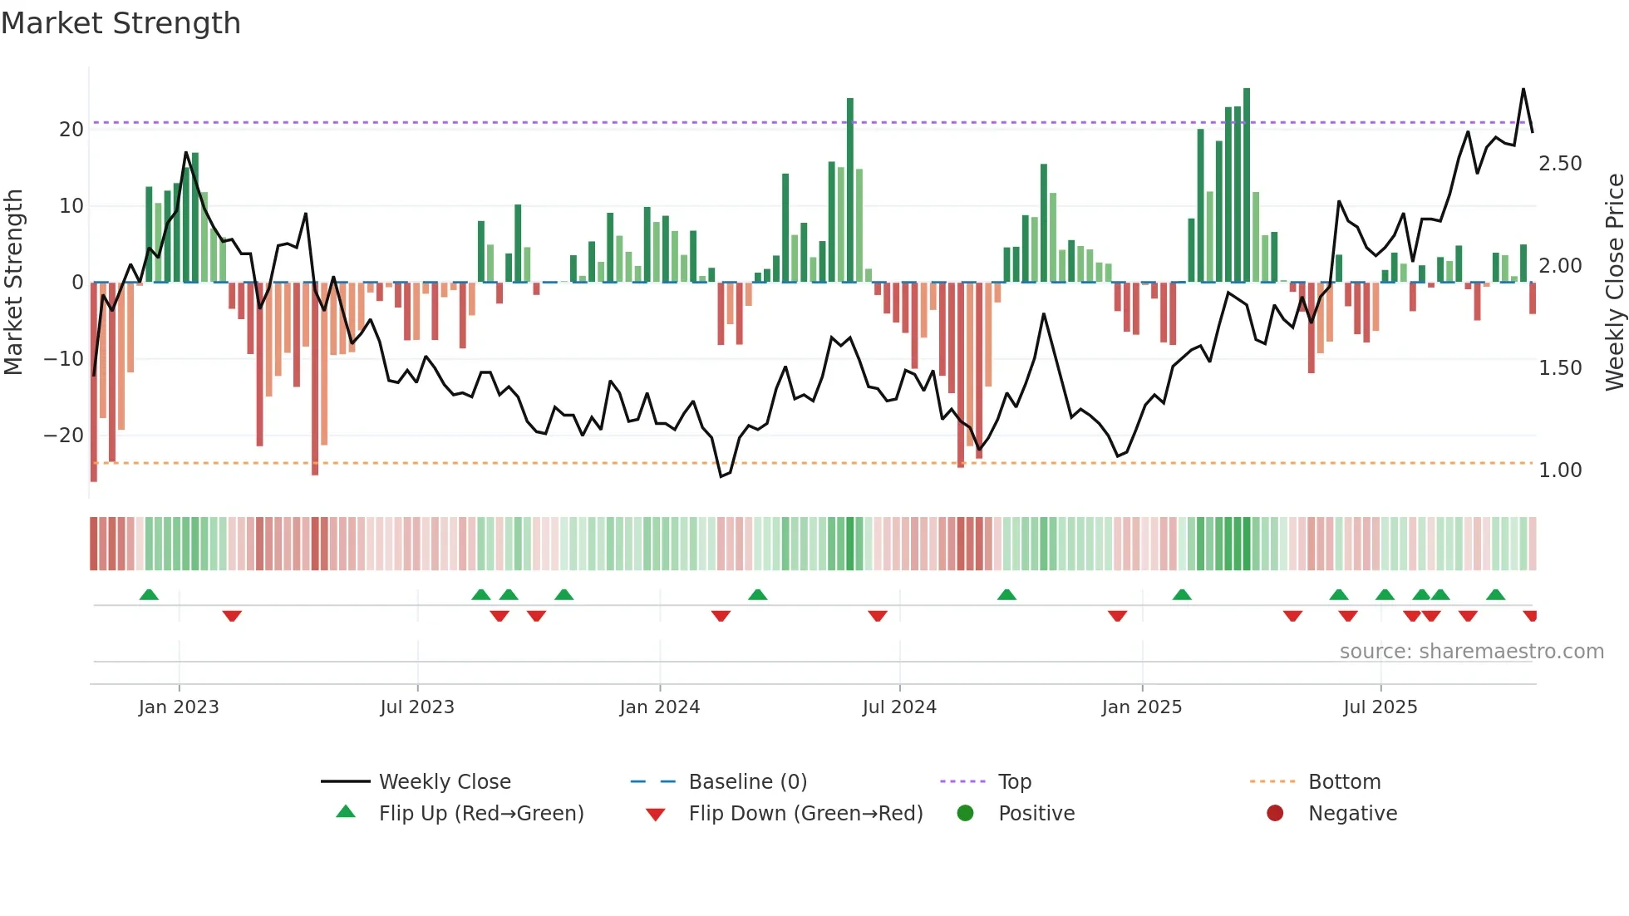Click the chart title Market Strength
(121, 23)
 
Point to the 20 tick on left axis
(71, 130)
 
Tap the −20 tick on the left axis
(64, 436)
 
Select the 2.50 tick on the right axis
(1560, 164)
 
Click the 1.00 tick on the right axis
(1560, 470)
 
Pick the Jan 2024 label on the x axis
(660, 707)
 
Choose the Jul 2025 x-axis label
(1380, 707)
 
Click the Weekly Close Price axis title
(1614, 283)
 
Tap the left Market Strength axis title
(14, 283)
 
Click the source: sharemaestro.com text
(1471, 652)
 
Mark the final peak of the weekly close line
(1523, 89)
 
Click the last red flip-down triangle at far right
(1530, 616)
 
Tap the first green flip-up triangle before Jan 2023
(149, 594)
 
